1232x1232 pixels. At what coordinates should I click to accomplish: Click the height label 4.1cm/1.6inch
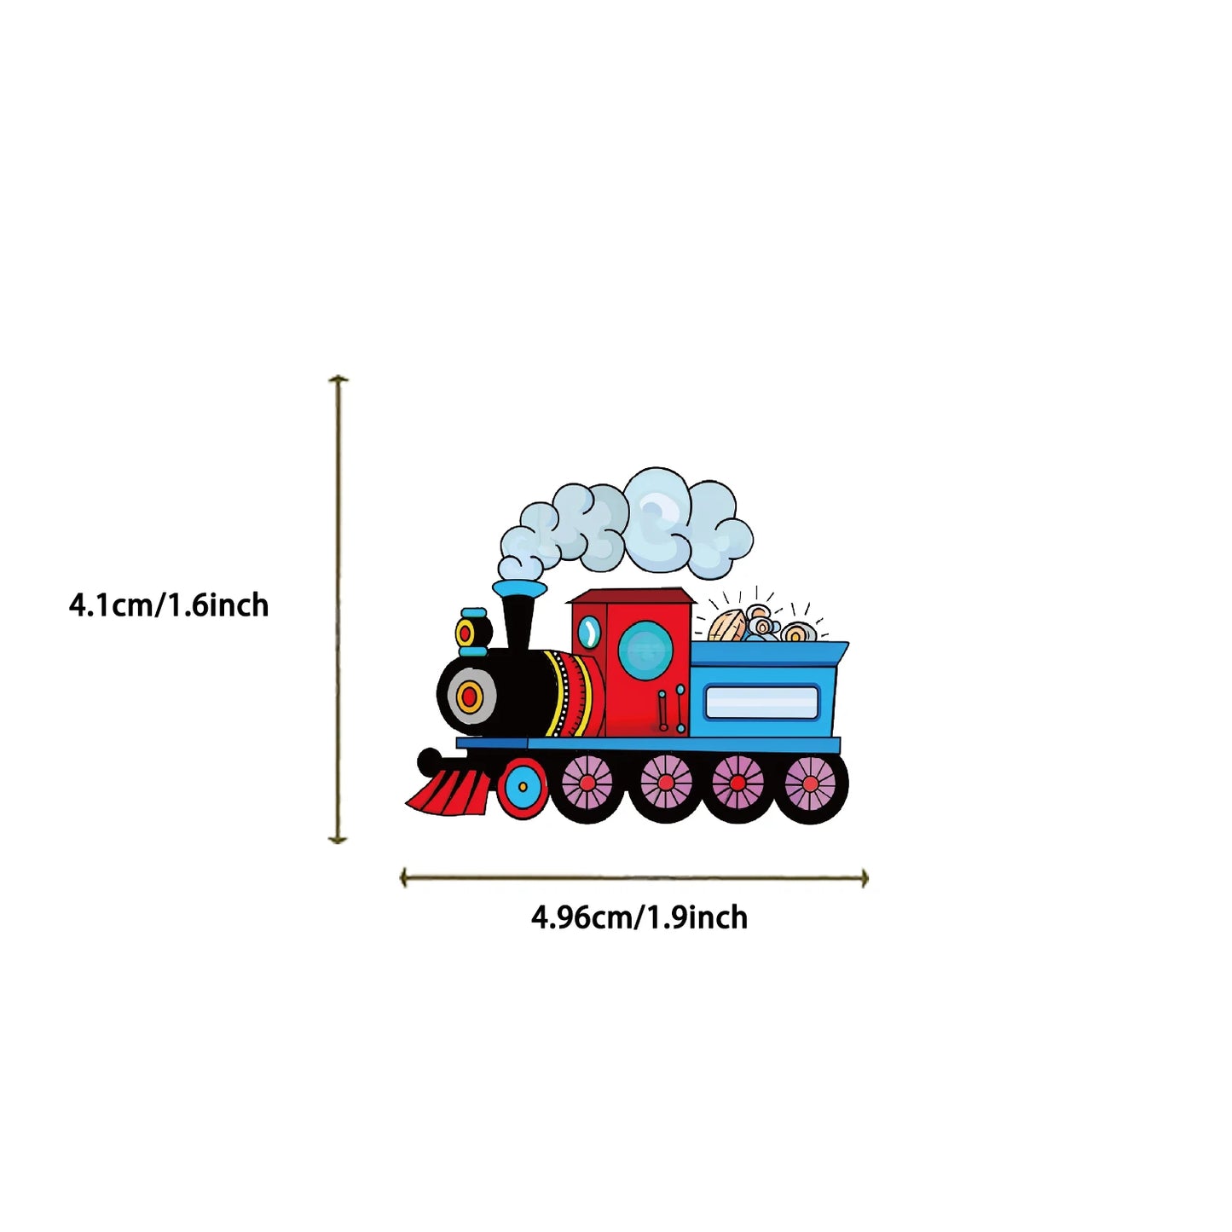(169, 605)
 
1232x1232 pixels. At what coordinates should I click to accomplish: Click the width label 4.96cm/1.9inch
(639, 917)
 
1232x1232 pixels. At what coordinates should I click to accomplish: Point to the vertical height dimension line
(338, 609)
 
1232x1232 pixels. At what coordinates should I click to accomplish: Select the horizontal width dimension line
(634, 878)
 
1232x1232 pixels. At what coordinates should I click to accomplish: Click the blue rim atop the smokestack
(518, 588)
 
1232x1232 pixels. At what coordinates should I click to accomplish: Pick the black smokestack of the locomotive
(518, 622)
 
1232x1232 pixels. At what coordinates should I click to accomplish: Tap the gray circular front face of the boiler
(468, 696)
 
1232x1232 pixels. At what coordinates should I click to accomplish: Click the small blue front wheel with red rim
(523, 787)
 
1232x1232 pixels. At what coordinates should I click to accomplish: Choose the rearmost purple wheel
(810, 784)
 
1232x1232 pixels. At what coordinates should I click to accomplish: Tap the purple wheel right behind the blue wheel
(587, 784)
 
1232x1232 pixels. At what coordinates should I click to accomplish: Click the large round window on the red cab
(645, 650)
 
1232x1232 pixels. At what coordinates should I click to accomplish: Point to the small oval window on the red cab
(588, 632)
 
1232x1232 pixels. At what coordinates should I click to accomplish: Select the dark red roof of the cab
(632, 595)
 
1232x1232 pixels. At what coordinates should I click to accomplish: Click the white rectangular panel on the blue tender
(761, 702)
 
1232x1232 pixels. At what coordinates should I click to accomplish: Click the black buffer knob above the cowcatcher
(429, 759)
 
